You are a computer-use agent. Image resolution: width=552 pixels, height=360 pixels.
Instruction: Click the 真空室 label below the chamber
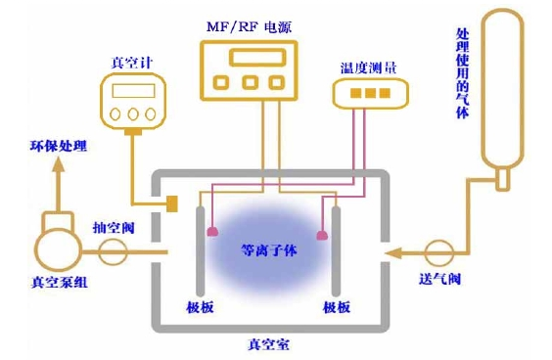point(270,344)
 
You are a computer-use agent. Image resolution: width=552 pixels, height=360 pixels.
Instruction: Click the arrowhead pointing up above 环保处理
point(58,167)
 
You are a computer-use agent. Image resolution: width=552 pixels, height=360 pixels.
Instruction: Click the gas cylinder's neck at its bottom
point(501,180)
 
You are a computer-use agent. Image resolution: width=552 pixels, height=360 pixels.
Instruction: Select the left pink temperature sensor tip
point(211,233)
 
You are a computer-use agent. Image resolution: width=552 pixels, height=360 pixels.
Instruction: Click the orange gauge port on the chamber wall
point(170,203)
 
